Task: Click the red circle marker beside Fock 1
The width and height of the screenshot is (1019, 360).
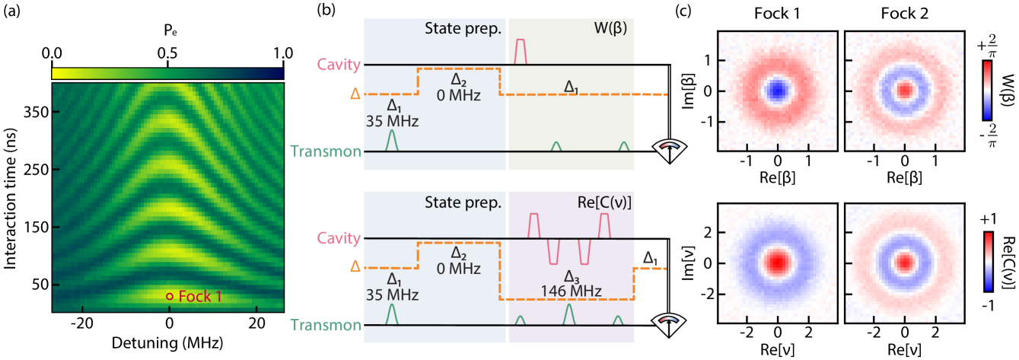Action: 170,296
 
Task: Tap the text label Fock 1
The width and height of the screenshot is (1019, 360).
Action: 199,296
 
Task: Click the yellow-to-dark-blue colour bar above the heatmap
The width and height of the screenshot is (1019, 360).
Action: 167,73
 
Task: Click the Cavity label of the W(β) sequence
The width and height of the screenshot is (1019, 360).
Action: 338,65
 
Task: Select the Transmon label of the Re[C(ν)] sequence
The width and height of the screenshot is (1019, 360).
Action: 326,326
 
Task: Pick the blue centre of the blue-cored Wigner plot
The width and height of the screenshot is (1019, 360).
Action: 777,91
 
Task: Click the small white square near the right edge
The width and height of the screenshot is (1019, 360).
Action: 976,136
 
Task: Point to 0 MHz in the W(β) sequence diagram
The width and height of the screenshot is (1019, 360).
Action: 458,95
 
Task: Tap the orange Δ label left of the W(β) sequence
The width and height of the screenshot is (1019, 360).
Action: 354,94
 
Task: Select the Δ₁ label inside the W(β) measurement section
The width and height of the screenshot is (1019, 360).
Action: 570,88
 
